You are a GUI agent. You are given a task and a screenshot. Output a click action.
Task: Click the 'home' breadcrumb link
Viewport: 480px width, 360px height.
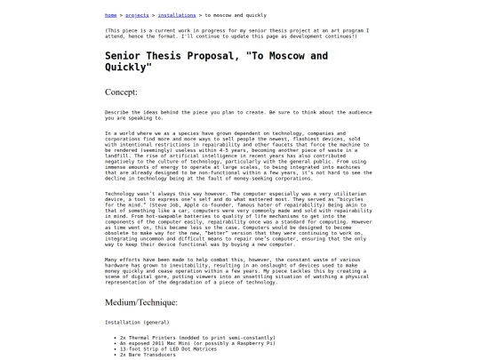pos(110,15)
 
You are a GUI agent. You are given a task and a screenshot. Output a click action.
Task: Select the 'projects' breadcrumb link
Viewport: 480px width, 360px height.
pos(137,15)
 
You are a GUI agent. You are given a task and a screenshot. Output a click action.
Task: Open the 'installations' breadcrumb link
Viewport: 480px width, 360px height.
pos(176,15)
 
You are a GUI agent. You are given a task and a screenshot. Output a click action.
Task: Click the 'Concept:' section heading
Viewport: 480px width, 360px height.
pos(121,92)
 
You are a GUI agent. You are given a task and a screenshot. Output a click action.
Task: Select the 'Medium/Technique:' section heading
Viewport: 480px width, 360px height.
pos(141,302)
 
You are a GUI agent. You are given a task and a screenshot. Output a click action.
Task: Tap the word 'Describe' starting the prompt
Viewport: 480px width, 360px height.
pos(118,112)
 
